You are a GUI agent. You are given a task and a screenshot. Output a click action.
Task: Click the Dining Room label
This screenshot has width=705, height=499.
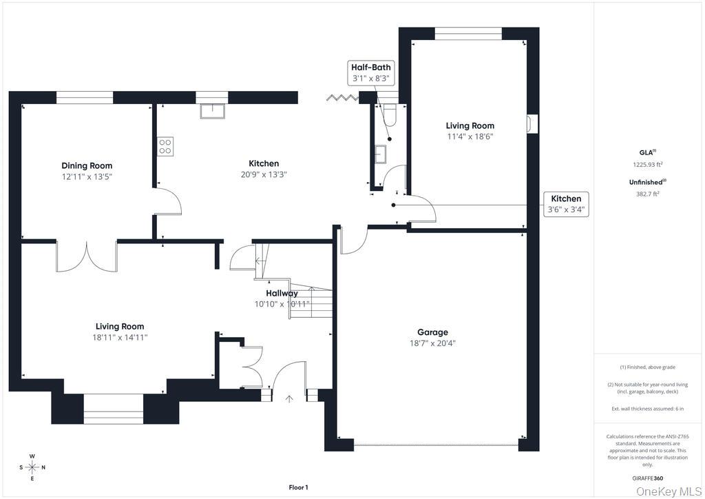point(87,165)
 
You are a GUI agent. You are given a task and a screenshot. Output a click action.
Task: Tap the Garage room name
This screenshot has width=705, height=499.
point(432,332)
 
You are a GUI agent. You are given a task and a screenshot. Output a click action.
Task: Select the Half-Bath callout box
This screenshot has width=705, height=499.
point(371,73)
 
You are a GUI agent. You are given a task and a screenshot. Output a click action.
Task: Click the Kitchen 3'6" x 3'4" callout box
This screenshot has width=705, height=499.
point(566,204)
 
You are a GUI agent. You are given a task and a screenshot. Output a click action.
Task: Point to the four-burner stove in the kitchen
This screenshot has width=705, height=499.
point(165,147)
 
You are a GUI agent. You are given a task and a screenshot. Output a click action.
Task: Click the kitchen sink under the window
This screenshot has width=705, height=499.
point(212,111)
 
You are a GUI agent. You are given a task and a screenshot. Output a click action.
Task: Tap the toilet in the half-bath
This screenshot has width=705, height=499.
point(390,115)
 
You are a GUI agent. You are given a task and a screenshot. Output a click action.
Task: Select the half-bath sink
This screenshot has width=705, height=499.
point(380,154)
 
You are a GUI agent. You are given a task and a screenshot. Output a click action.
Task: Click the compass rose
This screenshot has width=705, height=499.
point(32,467)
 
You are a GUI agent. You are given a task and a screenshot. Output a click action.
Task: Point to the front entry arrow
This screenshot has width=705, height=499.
point(289,398)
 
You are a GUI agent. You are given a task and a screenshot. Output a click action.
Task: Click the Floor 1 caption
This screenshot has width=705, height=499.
point(298,487)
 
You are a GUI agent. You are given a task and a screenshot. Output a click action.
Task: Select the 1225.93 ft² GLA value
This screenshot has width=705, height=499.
point(648,165)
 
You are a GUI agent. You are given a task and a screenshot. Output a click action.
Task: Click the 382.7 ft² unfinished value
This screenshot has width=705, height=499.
point(647,194)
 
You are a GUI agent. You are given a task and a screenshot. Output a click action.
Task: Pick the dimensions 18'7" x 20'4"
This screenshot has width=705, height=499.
point(432,343)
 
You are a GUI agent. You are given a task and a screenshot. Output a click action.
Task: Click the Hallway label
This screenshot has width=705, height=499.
point(282,294)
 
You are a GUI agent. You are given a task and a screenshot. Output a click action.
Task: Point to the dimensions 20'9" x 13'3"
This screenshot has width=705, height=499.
point(264,174)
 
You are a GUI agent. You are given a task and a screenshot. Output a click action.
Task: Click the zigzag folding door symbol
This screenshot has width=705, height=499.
point(343,96)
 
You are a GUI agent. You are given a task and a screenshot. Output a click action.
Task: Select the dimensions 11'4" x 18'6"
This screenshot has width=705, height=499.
point(470,136)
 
